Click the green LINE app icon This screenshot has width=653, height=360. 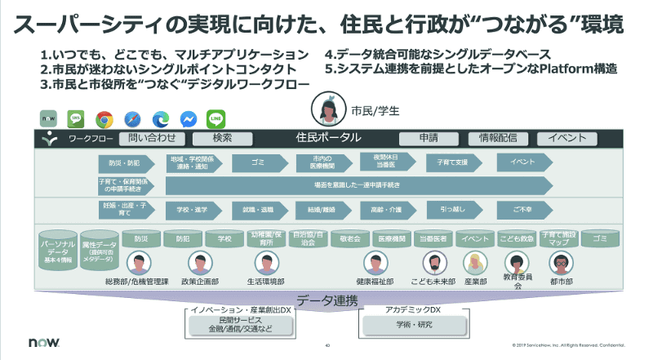216,118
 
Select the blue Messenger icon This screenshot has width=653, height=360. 188,118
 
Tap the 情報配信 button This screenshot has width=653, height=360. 498,138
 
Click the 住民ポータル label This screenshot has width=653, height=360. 323,138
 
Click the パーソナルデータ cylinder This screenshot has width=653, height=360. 57,249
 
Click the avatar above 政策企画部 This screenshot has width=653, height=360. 201,263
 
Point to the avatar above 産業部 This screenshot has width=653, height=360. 475,263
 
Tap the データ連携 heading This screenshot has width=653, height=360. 326,300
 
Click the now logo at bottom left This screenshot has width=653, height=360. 42,344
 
